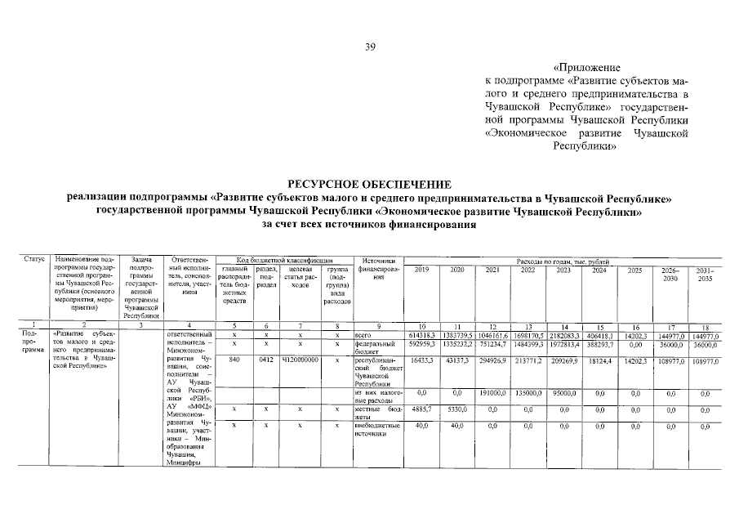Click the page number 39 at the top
(x=369, y=47)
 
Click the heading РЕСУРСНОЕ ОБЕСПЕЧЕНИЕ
(x=369, y=186)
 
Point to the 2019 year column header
(x=422, y=270)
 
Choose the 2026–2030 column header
(x=670, y=274)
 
